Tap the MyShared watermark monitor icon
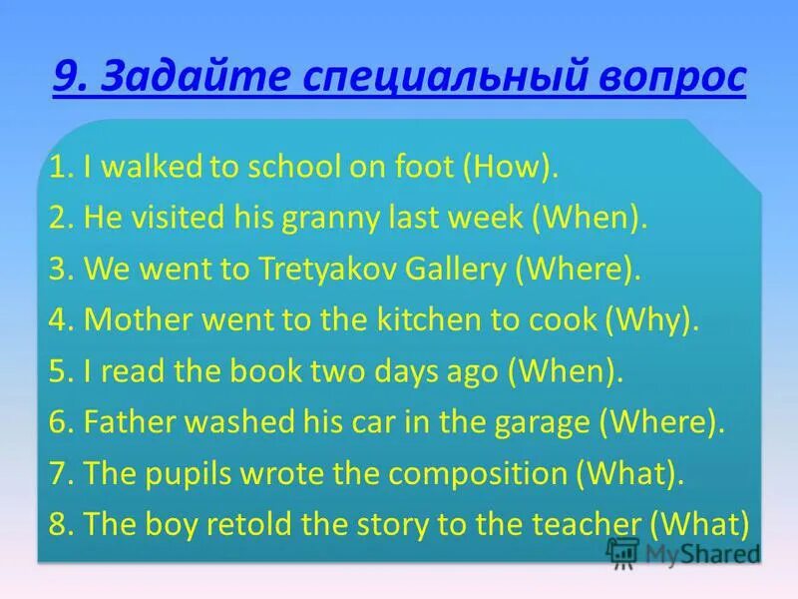click(x=622, y=551)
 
